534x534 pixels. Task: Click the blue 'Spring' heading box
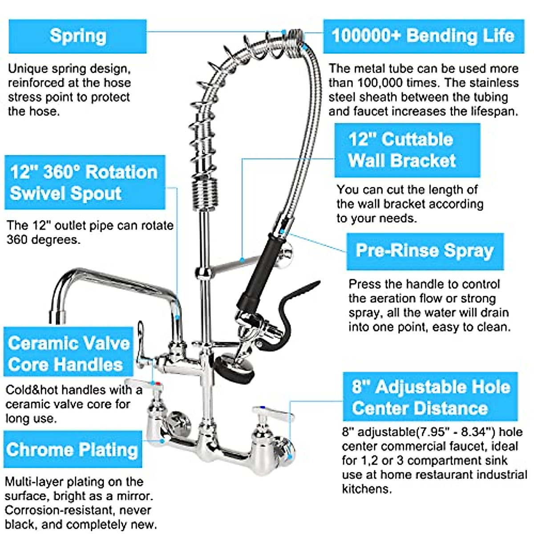[x=77, y=36]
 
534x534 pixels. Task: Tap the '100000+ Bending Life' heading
[x=423, y=36]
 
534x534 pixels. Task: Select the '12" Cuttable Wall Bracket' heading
[x=407, y=150]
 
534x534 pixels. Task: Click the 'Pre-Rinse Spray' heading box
[x=425, y=251]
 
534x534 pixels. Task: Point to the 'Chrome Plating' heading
[x=73, y=449]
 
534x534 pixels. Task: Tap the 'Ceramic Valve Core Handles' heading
[x=69, y=353]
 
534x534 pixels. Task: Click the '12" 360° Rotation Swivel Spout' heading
[x=85, y=182]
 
